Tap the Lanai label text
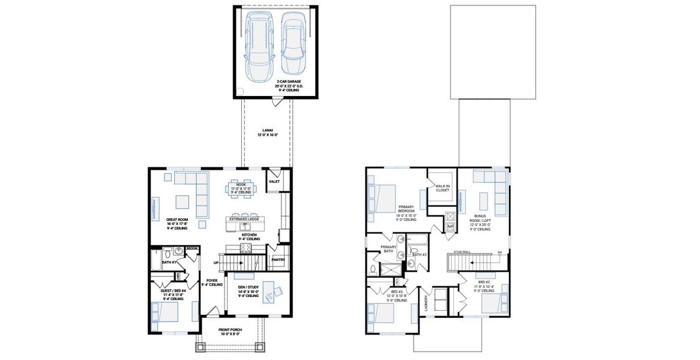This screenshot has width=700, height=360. tap(268, 130)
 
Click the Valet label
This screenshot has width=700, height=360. tap(274, 181)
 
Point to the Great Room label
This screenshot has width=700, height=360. tap(177, 220)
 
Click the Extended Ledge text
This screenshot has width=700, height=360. tap(243, 220)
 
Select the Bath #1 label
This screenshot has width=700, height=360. tap(169, 263)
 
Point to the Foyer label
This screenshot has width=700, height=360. tap(212, 280)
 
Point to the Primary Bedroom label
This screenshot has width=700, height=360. tap(406, 211)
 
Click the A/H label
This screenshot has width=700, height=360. tap(450, 226)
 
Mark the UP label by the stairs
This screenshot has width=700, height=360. tap(216, 263)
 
